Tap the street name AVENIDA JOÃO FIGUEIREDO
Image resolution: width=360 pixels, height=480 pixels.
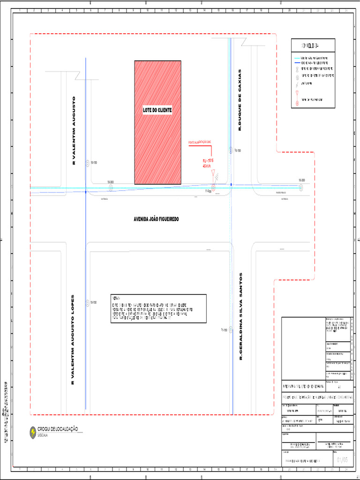[157, 219]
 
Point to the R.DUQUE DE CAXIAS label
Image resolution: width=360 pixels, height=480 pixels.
[240, 100]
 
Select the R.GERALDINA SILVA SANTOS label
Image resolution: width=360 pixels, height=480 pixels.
[241, 316]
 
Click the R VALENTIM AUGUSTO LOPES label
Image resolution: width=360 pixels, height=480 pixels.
[73, 340]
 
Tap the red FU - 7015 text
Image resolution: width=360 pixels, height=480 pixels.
[208, 161]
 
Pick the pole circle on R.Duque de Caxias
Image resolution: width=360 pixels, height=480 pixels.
[230, 150]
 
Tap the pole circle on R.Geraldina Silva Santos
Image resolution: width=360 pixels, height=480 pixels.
[231, 330]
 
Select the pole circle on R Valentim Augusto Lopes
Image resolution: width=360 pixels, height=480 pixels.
[87, 303]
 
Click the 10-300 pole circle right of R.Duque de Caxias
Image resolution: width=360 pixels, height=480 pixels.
[301, 187]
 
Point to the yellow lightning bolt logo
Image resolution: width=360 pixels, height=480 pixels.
[33, 432]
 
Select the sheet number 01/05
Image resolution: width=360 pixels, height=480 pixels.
[342, 460]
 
